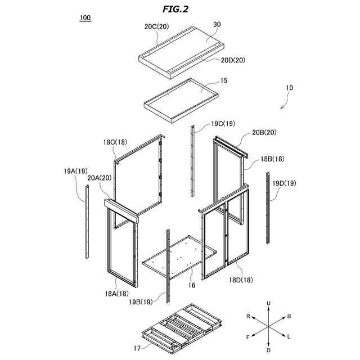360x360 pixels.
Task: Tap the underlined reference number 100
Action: click(85, 17)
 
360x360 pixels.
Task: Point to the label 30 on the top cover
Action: click(217, 25)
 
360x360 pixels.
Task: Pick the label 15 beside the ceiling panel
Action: click(224, 81)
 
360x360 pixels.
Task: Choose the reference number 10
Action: click(289, 88)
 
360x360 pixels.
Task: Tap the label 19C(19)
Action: click(223, 123)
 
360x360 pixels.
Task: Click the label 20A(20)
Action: click(100, 178)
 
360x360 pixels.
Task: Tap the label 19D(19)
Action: click(284, 183)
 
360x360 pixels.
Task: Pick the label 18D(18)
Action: click(241, 280)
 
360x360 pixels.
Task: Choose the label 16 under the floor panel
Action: click(191, 286)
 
